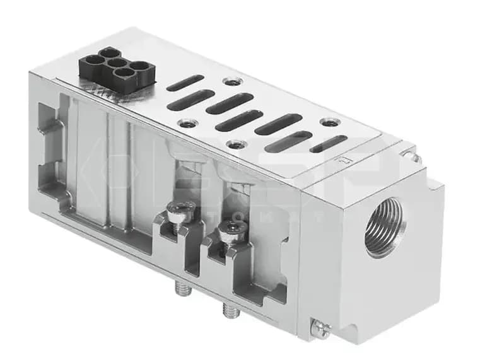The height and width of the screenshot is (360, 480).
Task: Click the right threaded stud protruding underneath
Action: coord(228,311)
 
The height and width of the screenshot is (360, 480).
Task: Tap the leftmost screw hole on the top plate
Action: coord(187,123)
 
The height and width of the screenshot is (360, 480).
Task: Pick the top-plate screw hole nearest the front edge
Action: coord(235,145)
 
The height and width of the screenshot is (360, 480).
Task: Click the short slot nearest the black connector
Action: coord(185,83)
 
